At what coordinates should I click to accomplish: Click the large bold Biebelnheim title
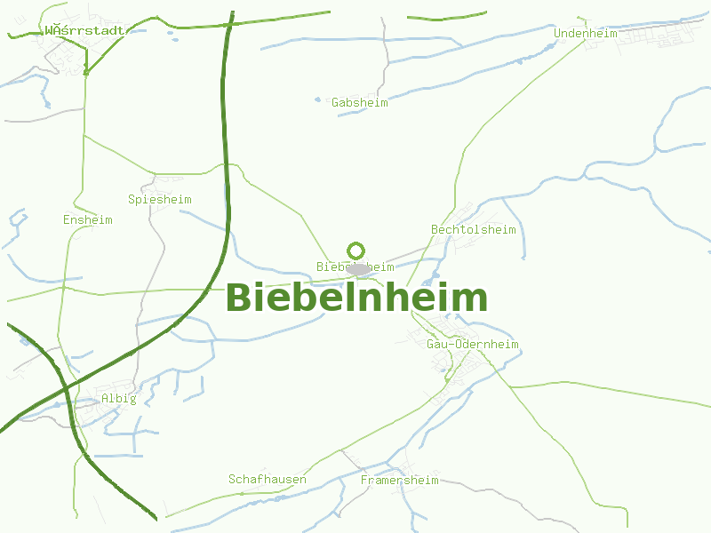356,298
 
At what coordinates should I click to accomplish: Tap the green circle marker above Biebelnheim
356,251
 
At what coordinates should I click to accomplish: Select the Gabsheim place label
360,103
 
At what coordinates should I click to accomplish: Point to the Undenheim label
587,34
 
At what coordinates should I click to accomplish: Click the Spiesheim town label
160,200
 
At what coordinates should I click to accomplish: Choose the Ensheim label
88,219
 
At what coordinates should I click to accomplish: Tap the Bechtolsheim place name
473,230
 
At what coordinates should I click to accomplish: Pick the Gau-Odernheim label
472,345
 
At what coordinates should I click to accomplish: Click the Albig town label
119,398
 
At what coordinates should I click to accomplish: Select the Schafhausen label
268,480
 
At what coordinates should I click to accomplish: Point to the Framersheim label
400,481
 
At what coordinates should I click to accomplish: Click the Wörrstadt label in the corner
84,29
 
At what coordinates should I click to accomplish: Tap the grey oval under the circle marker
358,268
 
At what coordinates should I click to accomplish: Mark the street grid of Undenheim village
658,36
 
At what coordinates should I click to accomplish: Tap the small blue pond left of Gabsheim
317,99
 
